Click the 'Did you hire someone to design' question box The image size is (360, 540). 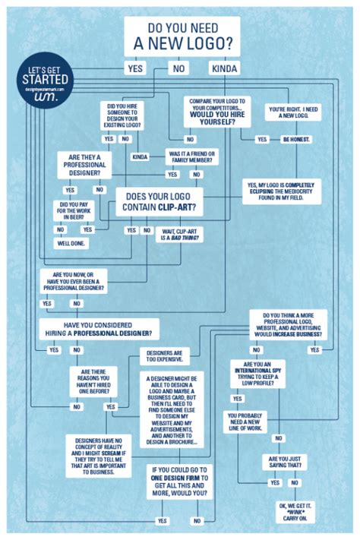pyautogui.click(x=133, y=117)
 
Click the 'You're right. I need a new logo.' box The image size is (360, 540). pyautogui.click(x=288, y=113)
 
